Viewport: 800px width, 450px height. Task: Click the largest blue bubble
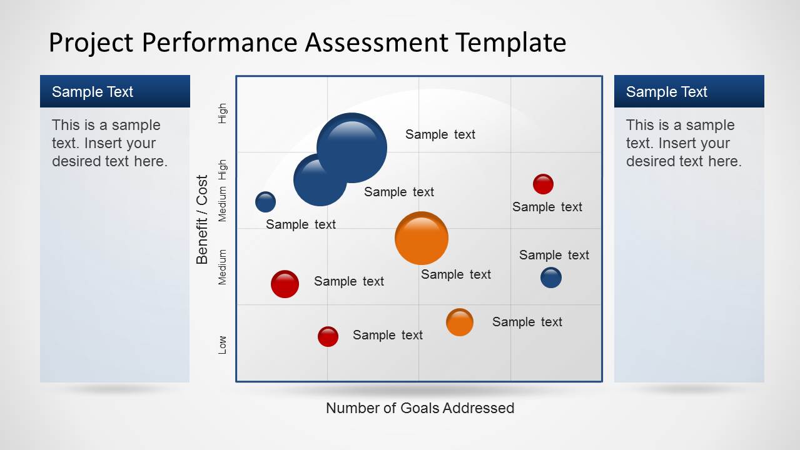(x=352, y=147)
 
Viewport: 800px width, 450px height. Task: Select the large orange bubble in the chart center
(x=422, y=238)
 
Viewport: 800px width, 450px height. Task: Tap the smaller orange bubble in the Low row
(x=460, y=322)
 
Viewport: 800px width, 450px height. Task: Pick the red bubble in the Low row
(x=328, y=336)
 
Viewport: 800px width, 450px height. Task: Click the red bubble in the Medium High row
(x=543, y=184)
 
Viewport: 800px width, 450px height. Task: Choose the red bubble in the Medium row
(x=285, y=284)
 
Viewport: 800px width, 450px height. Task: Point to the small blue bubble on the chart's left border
(x=265, y=202)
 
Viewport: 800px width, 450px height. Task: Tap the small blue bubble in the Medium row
(x=550, y=277)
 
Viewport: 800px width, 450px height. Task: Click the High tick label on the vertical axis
(x=223, y=113)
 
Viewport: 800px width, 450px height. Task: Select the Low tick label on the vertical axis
(x=223, y=344)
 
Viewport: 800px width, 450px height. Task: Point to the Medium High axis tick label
(x=223, y=191)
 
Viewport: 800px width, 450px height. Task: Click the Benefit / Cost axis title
(x=202, y=219)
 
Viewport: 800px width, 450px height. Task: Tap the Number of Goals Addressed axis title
(x=420, y=408)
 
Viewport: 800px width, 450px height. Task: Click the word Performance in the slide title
(x=220, y=42)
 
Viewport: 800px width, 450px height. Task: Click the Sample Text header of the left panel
(x=93, y=92)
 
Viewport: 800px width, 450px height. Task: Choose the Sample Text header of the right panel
(x=666, y=92)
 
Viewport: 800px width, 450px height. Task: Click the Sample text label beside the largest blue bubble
(x=440, y=134)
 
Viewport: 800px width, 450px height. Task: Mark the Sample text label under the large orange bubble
(x=456, y=274)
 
